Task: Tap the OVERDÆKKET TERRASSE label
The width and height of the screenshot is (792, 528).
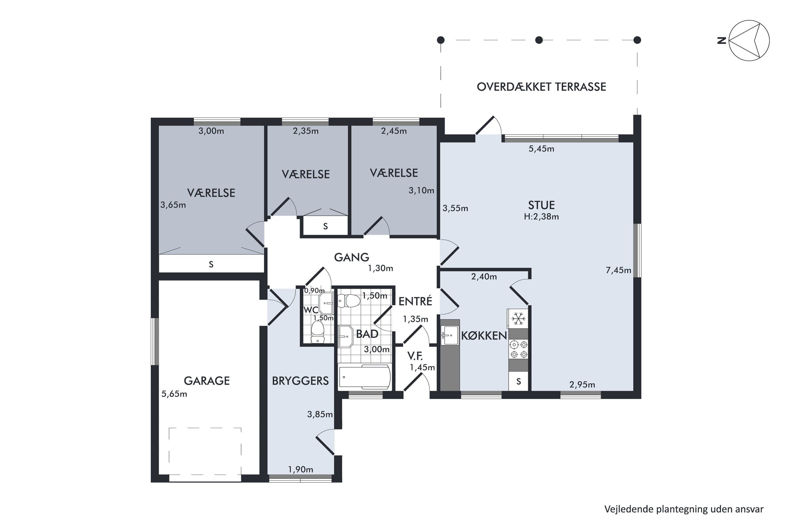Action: point(541,87)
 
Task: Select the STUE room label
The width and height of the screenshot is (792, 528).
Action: point(541,205)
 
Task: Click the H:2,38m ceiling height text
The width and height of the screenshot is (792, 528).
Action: point(541,216)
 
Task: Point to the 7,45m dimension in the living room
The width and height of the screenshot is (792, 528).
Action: point(618,270)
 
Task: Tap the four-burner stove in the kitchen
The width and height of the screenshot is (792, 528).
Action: point(518,350)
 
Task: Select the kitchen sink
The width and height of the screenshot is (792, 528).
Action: point(450,335)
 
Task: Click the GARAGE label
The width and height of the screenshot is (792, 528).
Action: point(207,381)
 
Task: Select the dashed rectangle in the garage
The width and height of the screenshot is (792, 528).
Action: point(205,451)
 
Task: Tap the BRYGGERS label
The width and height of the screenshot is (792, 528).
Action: point(300,381)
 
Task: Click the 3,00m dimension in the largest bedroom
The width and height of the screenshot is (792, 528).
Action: point(211,131)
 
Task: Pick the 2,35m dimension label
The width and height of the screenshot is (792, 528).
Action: point(305,131)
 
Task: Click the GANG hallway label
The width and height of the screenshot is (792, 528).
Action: point(352,257)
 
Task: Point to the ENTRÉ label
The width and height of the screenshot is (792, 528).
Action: point(415,301)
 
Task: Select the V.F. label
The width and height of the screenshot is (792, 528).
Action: point(415,356)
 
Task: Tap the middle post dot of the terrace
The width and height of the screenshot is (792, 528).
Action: point(539,40)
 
